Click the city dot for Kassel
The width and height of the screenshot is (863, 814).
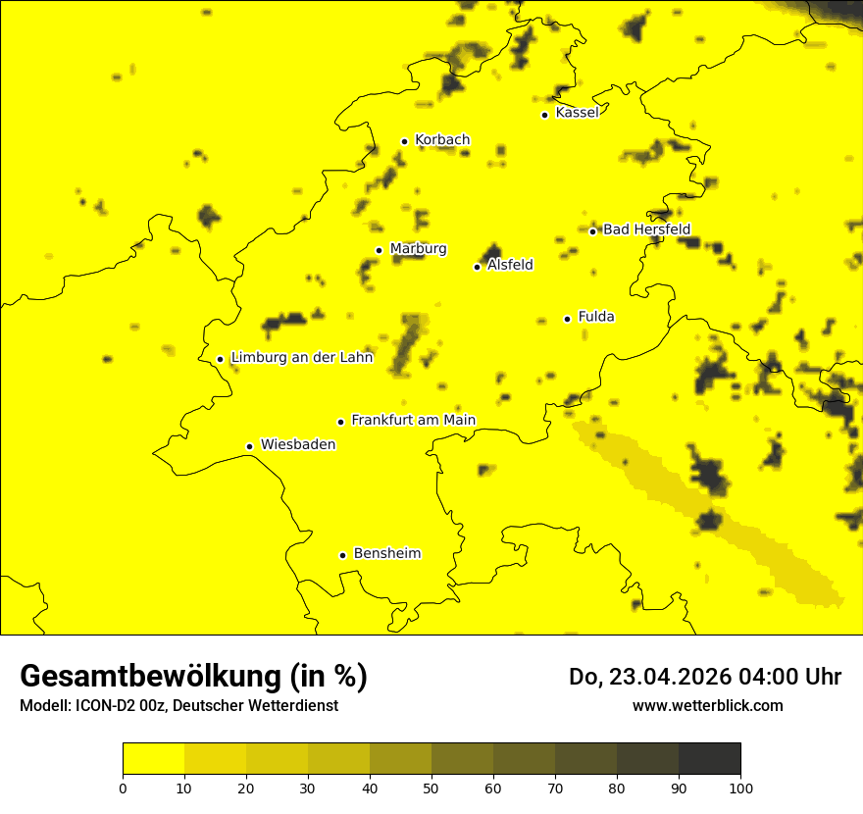[x=544, y=115]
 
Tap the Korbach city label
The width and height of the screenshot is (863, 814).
[x=442, y=140]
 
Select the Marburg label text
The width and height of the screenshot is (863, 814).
[x=418, y=249]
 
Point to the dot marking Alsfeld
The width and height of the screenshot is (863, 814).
[x=477, y=267]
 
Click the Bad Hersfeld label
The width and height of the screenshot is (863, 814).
[x=646, y=229]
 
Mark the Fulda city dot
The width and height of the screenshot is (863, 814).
[x=567, y=319]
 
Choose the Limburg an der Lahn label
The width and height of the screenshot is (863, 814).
[x=301, y=358]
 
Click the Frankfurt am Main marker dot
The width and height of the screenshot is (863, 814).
[x=340, y=422]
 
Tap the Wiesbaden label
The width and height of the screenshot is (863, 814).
[x=297, y=445]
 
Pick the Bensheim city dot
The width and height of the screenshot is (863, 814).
[x=342, y=555]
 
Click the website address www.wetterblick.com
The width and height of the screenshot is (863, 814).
[x=707, y=706]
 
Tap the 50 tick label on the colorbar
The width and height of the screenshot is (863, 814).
[x=431, y=789]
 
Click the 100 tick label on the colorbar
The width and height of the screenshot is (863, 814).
[x=740, y=789]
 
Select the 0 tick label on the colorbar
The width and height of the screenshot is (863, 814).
[x=123, y=789]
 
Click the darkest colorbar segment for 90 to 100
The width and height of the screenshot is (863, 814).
[x=709, y=759]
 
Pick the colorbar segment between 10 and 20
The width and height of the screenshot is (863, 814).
[x=215, y=759]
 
